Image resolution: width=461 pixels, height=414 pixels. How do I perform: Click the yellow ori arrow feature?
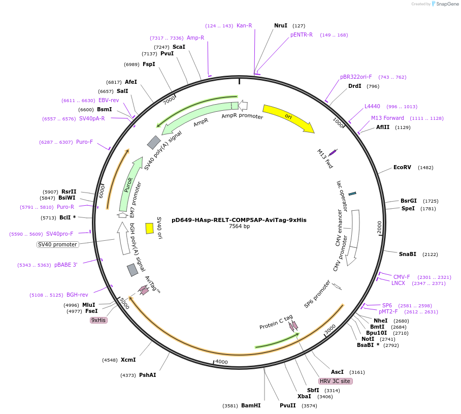tap(288, 118)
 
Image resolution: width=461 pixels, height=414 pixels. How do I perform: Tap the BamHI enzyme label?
tap(251, 405)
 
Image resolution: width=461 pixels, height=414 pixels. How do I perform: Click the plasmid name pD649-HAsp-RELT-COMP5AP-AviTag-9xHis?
tap(239, 220)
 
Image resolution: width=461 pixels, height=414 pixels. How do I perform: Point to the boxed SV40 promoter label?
tap(58, 244)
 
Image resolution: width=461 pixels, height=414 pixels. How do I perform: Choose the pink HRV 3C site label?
tap(335, 381)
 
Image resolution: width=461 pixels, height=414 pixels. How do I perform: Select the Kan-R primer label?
tap(244, 26)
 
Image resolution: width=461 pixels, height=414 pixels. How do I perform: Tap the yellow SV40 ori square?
tap(149, 228)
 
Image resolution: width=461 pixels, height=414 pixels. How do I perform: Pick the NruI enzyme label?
tap(281, 25)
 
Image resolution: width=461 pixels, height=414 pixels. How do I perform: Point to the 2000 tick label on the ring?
tap(379, 227)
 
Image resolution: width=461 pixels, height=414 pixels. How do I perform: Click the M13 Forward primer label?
tap(387, 118)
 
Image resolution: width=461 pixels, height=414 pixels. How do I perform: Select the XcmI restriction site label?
tap(128, 360)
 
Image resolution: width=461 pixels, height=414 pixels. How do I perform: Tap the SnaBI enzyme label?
tap(407, 254)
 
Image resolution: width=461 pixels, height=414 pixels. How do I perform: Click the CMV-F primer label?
tap(402, 277)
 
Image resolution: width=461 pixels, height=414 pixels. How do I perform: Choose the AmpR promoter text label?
tap(242, 116)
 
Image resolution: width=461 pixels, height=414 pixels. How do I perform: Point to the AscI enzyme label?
tap(337, 371)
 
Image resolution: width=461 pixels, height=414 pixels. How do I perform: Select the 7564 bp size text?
tap(239, 227)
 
